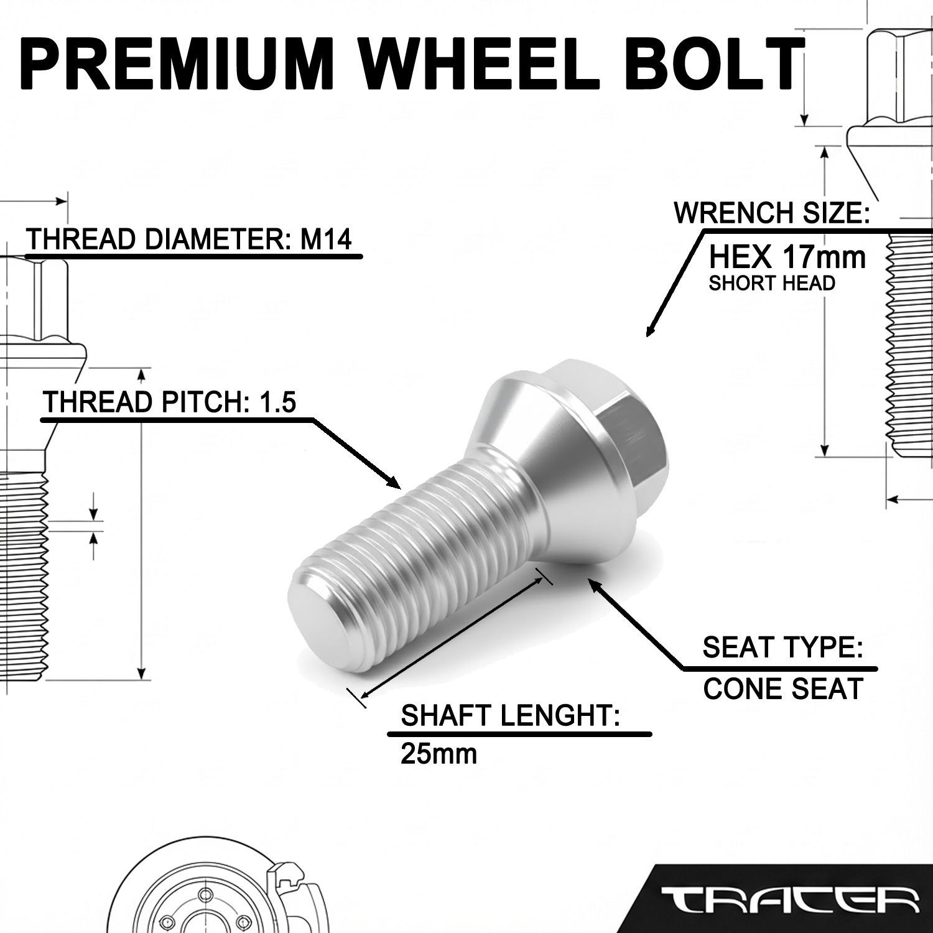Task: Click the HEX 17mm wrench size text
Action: pyautogui.click(x=788, y=257)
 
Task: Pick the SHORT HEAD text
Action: pyautogui.click(x=771, y=284)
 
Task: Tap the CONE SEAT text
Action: pyautogui.click(x=783, y=689)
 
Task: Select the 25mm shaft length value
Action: pyautogui.click(x=439, y=753)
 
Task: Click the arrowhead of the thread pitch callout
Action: pyautogui.click(x=392, y=481)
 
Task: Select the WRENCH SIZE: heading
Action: pyautogui.click(x=771, y=213)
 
